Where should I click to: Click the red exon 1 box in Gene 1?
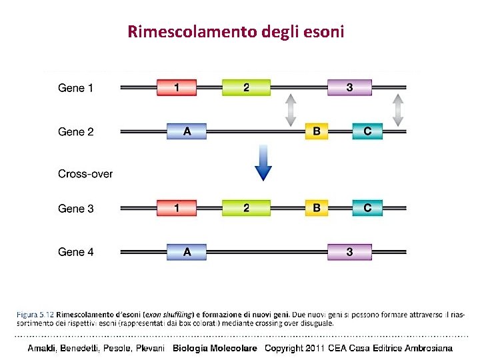pos(177,87)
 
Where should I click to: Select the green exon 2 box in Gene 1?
pos(246,87)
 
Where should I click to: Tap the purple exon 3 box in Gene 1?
pos(349,87)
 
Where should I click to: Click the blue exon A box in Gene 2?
pos(187,131)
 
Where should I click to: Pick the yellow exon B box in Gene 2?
pos(316,131)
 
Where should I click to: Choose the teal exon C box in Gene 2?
pos(367,131)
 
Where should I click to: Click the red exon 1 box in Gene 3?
pos(177,208)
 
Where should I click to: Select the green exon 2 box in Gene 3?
pos(246,208)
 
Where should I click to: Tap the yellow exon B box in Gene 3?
pos(316,208)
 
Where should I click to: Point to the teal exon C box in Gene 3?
pos(367,208)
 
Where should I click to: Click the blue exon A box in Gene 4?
pos(187,252)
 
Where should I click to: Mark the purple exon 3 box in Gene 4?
pos(349,252)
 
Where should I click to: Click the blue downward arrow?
pos(264,164)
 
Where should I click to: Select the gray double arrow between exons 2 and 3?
pos(290,110)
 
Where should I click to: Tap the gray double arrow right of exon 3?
pos(398,110)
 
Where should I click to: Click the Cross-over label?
pos(85,175)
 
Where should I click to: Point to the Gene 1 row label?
pos(76,88)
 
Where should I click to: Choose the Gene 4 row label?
pos(76,252)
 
